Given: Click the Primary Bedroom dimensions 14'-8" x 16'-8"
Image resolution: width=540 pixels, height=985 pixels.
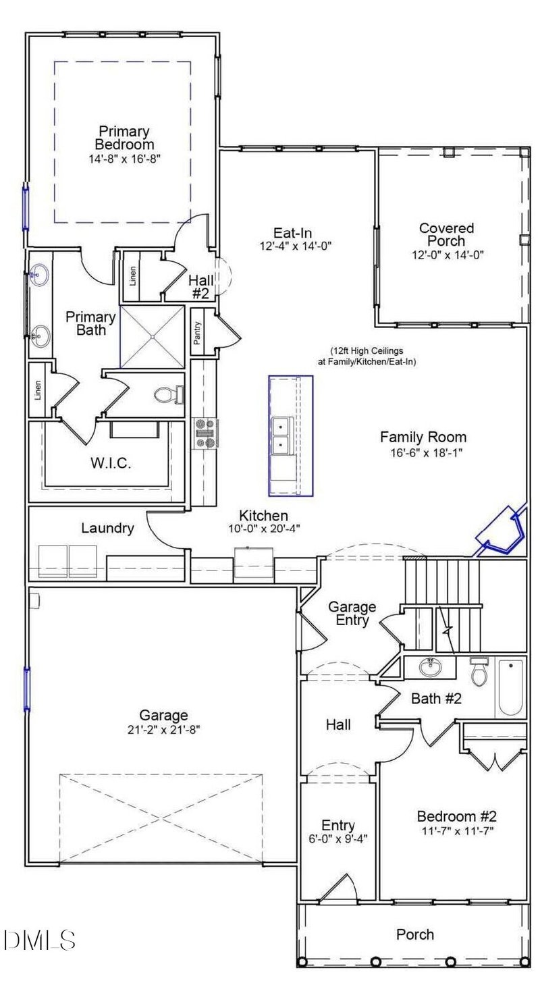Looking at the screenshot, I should click(124, 158).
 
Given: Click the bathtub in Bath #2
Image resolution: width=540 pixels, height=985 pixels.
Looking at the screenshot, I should click(510, 687).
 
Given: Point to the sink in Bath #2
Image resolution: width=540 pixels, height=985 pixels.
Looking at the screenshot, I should click(430, 668).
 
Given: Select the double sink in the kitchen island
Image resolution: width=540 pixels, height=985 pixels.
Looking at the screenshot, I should click(281, 435).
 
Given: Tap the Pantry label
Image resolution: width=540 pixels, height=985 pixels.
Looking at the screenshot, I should click(198, 332).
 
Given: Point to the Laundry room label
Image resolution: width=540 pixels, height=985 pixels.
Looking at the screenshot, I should click(107, 528).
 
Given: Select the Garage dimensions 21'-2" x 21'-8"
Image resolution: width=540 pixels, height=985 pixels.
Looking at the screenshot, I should click(163, 728).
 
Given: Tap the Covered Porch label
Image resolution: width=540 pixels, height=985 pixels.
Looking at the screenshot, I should click(446, 234).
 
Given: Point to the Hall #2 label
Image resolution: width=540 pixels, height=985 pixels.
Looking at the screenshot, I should click(202, 286).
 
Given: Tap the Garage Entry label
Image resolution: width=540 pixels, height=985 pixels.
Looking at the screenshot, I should click(352, 614).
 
